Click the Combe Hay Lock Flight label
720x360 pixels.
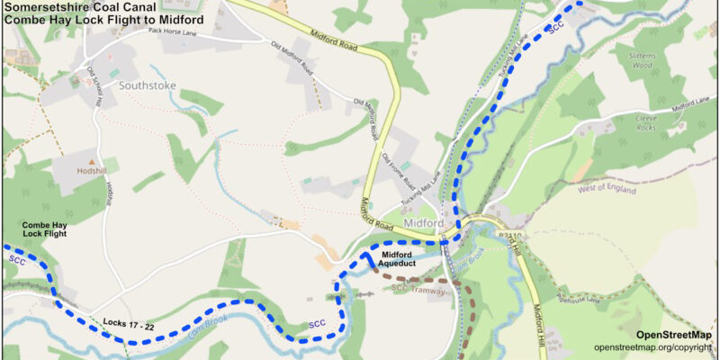pyautogui.click(x=45, y=228)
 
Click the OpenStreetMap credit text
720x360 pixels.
pyautogui.click(x=673, y=335)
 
